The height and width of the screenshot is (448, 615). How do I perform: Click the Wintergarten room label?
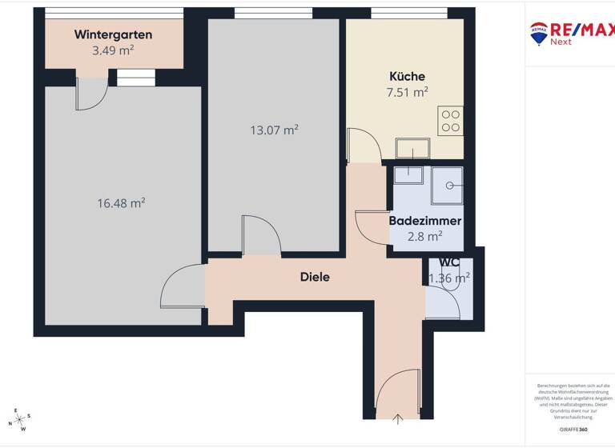point(113,34)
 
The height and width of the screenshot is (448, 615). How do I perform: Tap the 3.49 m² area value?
point(113,50)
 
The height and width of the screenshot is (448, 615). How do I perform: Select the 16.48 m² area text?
point(121,203)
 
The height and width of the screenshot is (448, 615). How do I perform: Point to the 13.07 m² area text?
point(274,130)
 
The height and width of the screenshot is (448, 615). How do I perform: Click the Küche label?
point(407,76)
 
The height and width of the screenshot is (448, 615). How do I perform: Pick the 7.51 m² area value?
point(407,91)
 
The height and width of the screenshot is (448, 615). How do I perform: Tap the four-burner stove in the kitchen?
point(450,120)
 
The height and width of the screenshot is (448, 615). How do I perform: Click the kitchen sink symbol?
point(413,148)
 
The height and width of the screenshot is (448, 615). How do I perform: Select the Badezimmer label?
point(424,220)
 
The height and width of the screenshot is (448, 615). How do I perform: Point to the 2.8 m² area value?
point(424,236)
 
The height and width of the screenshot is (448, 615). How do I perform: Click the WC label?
point(448,262)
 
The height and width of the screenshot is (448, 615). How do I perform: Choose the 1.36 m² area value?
point(449,278)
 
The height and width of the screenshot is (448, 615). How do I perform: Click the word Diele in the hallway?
point(315,277)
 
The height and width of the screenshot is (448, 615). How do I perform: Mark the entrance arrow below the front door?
point(399,418)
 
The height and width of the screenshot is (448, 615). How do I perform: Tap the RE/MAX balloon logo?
point(538,32)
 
